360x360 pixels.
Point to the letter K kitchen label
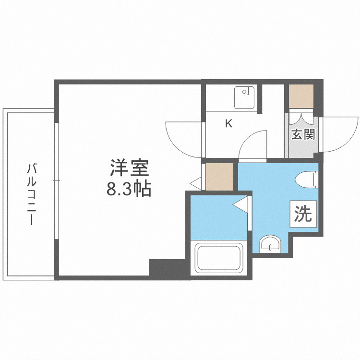coord(228,124)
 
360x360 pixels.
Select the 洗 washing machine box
coord(303,213)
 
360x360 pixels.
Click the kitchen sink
coord(245,98)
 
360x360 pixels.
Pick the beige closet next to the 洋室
coord(219,176)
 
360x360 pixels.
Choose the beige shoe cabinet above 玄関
coord(301,96)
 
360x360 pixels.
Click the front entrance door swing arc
coord(336,134)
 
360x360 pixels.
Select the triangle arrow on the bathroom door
coord(240,205)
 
